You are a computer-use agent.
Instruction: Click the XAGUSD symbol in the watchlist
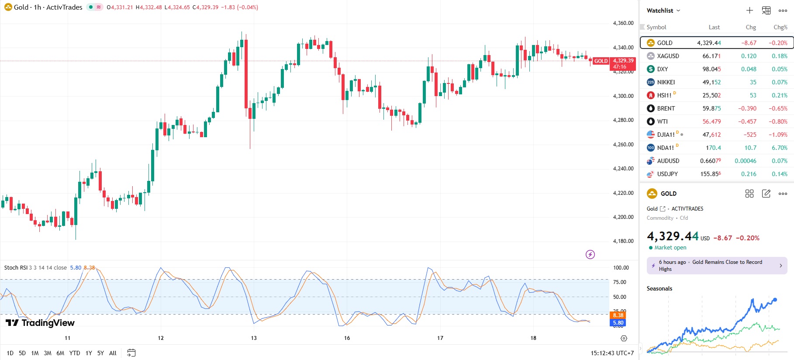668,56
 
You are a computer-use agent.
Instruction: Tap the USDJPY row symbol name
667,174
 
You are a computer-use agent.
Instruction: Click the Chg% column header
780,27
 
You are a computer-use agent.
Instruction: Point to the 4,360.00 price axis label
623,23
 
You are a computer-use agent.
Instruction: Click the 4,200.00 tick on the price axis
623,217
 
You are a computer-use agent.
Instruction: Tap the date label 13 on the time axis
254,338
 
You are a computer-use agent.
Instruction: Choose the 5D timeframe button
22,353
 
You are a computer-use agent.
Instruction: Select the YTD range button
75,353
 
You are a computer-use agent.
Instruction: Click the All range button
113,353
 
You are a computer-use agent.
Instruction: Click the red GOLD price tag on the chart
601,61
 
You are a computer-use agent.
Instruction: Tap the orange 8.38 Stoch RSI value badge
618,315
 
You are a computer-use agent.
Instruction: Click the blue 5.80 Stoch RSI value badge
618,323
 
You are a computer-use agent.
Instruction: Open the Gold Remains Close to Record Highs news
717,265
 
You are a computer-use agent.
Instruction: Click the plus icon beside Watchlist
749,10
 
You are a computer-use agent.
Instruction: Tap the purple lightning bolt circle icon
590,254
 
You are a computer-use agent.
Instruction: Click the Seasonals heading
659,288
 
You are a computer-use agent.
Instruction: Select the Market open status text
670,248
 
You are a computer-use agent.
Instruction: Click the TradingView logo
40,323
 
